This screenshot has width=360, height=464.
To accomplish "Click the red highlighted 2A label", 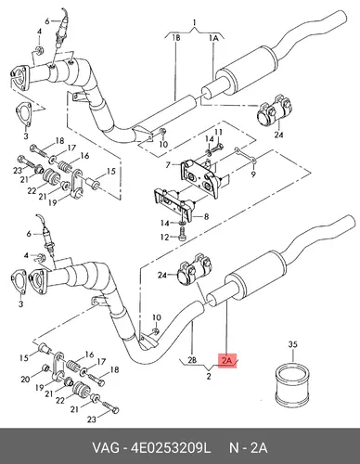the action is (x=227, y=360).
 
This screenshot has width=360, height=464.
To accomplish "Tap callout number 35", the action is (x=292, y=344).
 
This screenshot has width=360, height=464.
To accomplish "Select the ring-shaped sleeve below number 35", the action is (x=293, y=385).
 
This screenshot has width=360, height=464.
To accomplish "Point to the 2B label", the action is (x=192, y=360).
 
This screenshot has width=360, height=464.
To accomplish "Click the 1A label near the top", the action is (x=213, y=38).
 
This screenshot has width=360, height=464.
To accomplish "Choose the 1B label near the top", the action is (x=176, y=38).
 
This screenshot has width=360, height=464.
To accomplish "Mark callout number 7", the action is (x=168, y=165).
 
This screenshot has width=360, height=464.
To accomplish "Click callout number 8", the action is (x=206, y=216).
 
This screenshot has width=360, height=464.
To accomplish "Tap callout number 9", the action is (x=253, y=174).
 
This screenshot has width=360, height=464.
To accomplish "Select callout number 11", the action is (x=219, y=132).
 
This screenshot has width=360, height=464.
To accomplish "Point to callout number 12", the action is (x=164, y=238).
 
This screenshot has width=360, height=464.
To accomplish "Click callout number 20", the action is (x=25, y=379).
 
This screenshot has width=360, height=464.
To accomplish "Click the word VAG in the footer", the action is (x=105, y=447).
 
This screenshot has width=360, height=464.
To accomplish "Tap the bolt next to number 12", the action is (x=183, y=233).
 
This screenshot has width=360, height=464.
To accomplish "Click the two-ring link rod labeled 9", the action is (x=245, y=155).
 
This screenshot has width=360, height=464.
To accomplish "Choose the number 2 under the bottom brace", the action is (x=209, y=377).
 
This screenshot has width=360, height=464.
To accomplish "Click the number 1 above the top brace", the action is (x=194, y=22).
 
